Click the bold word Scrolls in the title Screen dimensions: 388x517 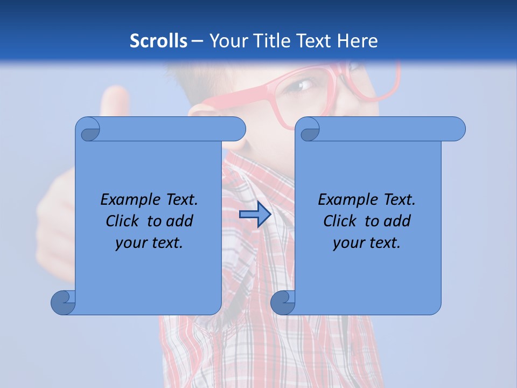point(159,41)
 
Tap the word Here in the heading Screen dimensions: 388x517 point(357,41)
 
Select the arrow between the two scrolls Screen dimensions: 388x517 point(255,215)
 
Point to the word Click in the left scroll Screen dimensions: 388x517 point(124,221)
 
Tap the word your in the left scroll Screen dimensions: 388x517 point(130,243)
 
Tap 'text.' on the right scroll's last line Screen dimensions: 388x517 point(385,243)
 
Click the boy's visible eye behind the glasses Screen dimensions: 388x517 point(305,85)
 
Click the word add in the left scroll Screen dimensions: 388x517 point(180,221)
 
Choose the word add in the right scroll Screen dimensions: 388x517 point(397,221)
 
